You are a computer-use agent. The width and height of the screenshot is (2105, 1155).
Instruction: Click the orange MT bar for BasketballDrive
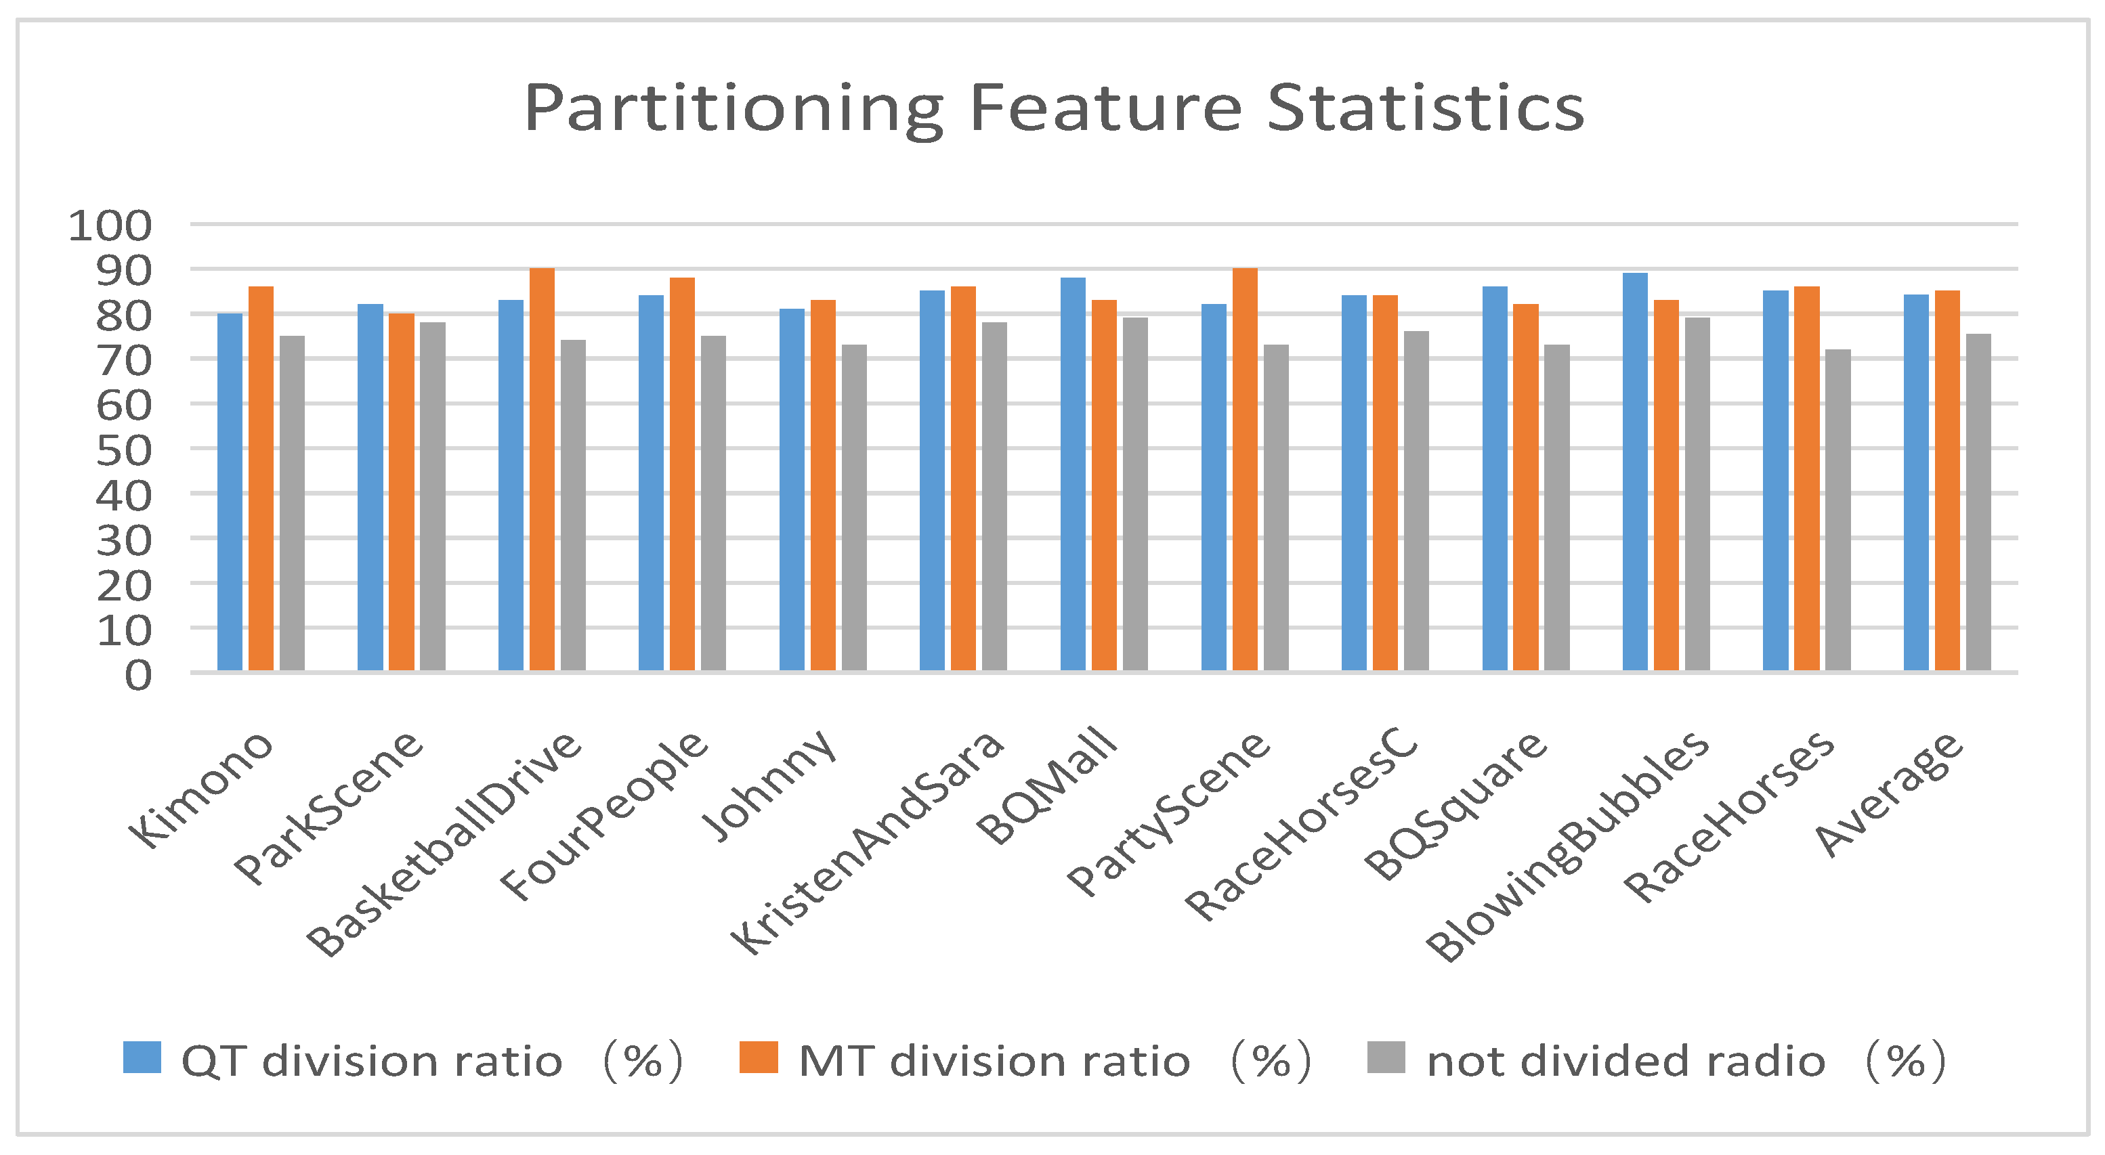click(542, 470)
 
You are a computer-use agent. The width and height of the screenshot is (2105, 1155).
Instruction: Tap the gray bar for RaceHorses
click(1837, 510)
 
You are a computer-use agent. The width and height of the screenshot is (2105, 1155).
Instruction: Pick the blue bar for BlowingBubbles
click(1635, 472)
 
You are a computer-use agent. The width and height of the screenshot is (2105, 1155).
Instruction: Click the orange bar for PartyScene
click(1245, 470)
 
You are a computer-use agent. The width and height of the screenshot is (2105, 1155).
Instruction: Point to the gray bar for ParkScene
click(432, 497)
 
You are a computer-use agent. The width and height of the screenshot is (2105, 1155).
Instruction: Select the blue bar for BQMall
click(1073, 475)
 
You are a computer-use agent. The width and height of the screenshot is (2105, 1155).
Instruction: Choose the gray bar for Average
click(1978, 502)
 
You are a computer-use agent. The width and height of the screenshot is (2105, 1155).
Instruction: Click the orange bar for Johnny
click(823, 486)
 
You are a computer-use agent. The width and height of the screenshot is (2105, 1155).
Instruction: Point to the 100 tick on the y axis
click(110, 226)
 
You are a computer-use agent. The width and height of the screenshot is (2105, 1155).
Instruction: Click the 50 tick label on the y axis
click(124, 451)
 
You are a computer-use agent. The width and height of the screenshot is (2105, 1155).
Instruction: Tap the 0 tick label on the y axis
click(138, 676)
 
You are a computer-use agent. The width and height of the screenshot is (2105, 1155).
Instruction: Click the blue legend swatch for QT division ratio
click(142, 1057)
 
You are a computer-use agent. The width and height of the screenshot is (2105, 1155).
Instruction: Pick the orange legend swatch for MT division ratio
click(759, 1057)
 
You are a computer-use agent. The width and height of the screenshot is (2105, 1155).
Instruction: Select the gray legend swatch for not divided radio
click(1386, 1057)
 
